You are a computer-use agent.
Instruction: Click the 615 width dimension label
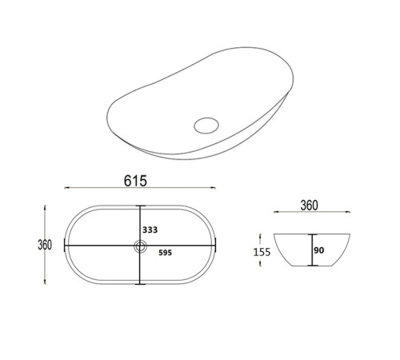pos(135,181)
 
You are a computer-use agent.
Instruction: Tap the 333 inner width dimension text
pos(150,230)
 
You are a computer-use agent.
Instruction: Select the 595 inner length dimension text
pos(165,253)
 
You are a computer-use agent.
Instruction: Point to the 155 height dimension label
pos(262,252)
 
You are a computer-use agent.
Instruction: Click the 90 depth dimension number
pos(319,250)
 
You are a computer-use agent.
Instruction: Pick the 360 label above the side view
pos(310,206)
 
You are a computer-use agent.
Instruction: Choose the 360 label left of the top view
pos(45,245)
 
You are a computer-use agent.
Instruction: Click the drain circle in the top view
pos(140,246)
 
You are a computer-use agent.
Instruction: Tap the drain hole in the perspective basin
pos(206,126)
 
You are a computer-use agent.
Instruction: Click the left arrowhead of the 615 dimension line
pos(66,188)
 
